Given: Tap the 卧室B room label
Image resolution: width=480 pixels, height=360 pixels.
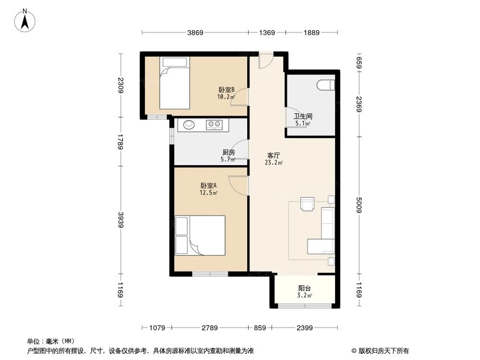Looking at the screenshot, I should coord(226,90).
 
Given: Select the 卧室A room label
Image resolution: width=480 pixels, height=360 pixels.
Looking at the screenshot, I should coord(209,186).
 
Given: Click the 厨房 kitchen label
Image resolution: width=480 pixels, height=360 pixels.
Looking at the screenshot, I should coord(228,153).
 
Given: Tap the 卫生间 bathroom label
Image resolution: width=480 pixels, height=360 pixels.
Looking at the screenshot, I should coord(303,116).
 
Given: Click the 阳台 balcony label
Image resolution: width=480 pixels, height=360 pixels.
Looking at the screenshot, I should coord(305,288).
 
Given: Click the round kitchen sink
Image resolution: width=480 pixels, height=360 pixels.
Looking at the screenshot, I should coord(187,125).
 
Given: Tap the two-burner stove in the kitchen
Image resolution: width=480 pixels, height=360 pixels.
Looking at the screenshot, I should coord(214,125).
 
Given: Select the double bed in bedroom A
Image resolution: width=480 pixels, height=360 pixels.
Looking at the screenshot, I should coord(200,235).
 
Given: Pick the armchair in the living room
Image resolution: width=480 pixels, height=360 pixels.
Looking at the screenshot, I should coord(307,204).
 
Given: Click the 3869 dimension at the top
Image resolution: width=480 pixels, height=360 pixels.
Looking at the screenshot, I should coord(195,33).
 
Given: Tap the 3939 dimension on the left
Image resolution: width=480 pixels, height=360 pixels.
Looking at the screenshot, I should coord(120,219).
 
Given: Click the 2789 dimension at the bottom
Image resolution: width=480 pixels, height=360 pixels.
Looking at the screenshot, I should coord(210,328).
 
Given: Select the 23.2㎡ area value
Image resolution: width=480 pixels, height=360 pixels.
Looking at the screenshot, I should coord(274,163).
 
